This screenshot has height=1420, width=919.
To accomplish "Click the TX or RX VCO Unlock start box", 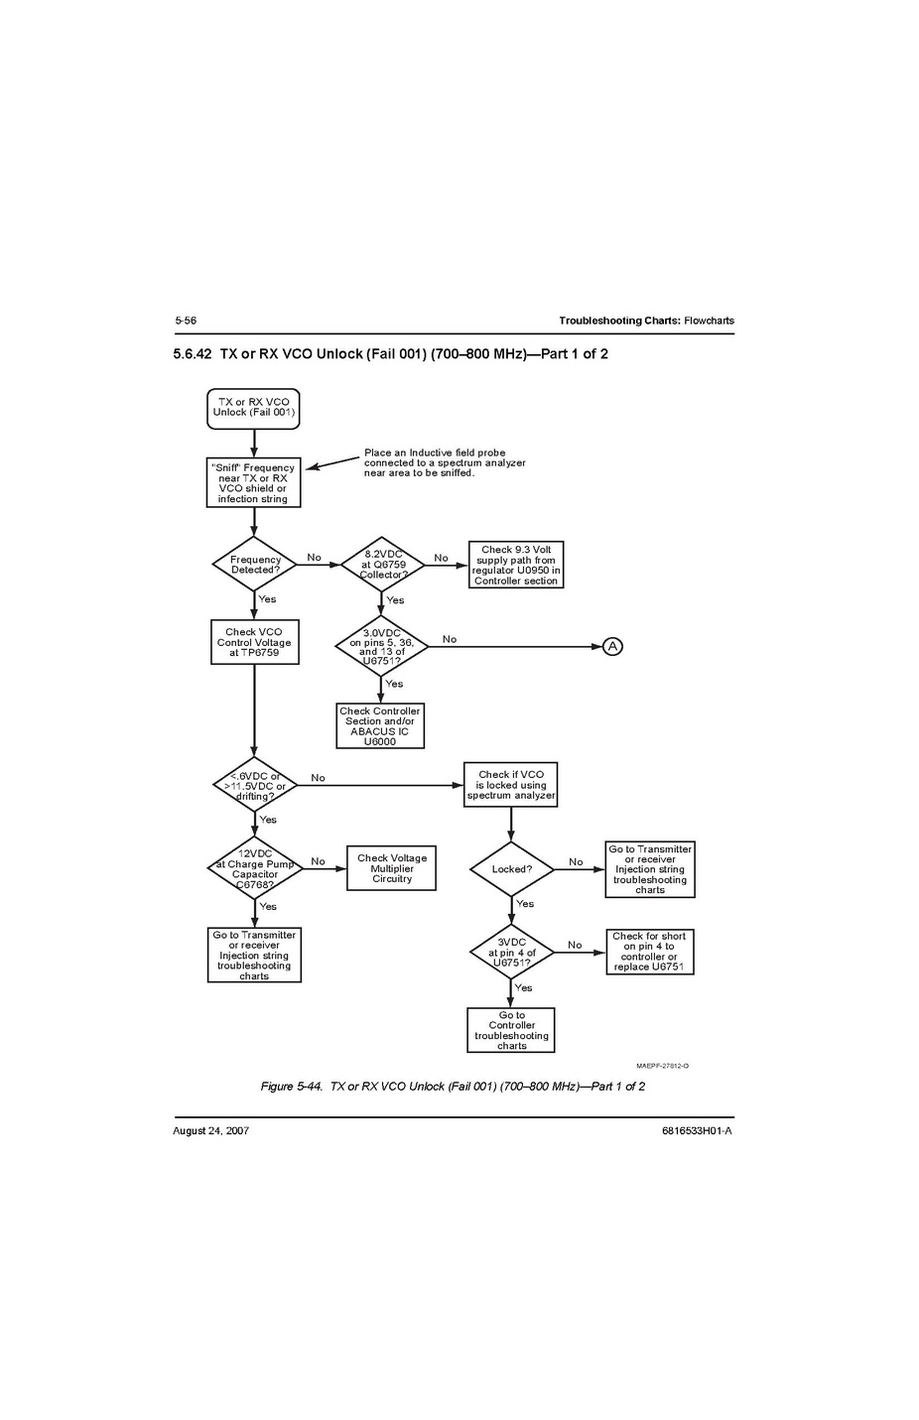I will tap(253, 408).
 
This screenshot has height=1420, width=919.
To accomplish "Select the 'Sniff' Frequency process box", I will tap(253, 483).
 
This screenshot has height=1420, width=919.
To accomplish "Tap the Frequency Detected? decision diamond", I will tap(254, 565).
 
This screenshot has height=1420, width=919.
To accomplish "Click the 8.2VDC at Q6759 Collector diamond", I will tap(382, 565).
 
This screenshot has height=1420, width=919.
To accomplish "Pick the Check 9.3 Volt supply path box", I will tap(516, 565).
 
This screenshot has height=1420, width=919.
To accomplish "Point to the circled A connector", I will tap(613, 647).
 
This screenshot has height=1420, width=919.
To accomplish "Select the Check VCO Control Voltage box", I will tap(254, 642).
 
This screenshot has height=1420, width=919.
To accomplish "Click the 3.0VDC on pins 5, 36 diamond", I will tap(381, 647).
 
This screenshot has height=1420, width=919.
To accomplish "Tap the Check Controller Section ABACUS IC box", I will tap(380, 726).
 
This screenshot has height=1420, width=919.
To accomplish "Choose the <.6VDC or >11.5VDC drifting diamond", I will tap(254, 786).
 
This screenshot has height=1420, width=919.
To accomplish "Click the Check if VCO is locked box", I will tap(511, 785).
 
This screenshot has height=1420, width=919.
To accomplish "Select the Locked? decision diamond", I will tap(511, 869).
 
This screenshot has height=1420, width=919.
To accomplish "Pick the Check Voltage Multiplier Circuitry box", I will tap(392, 868).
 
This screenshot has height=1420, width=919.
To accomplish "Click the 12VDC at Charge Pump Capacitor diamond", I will tap(254, 868).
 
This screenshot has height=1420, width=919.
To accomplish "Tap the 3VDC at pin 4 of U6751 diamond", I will tap(511, 953).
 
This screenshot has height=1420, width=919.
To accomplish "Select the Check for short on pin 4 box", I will tap(650, 952).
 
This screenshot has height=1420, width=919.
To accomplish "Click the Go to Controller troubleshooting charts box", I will tap(511, 1030).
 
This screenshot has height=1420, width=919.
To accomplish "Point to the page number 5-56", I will tap(186, 321).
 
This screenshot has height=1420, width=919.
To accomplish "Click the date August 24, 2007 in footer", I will tap(211, 1130).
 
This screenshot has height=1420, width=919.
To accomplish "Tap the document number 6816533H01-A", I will tap(697, 1130).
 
